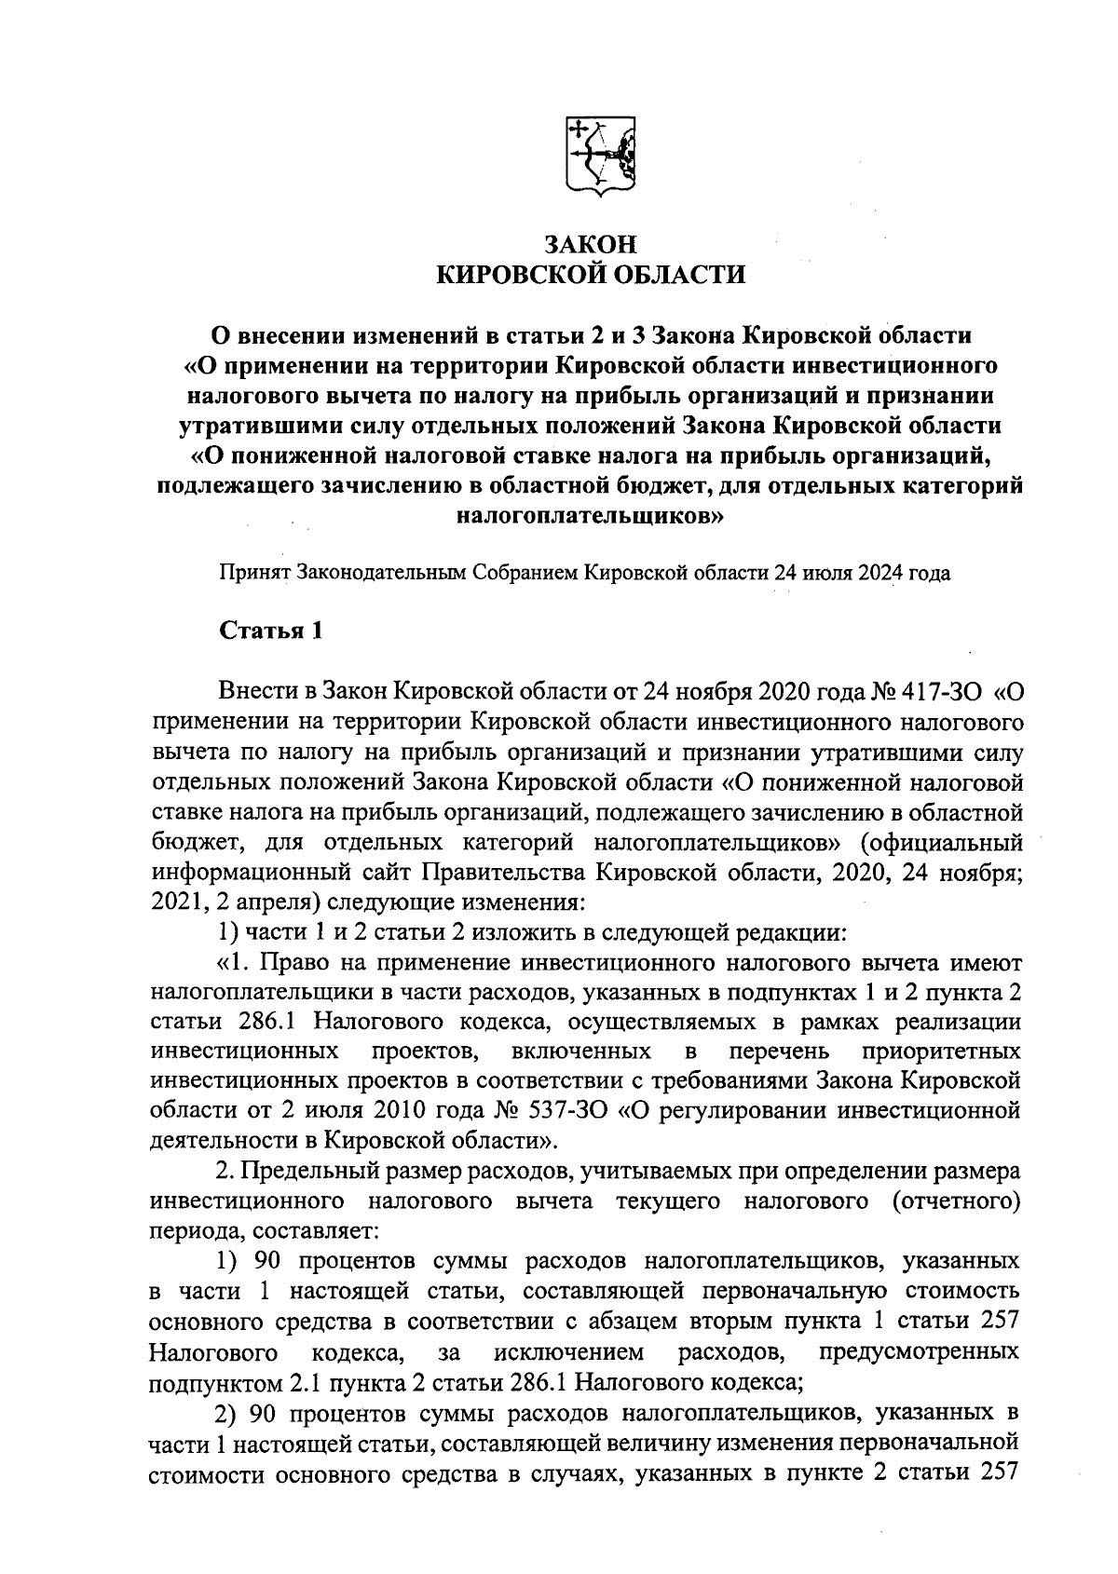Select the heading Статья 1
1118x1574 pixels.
point(271,631)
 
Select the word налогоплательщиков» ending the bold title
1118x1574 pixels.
point(591,513)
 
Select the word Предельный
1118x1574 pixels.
point(305,1171)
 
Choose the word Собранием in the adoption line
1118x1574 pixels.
point(525,572)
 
